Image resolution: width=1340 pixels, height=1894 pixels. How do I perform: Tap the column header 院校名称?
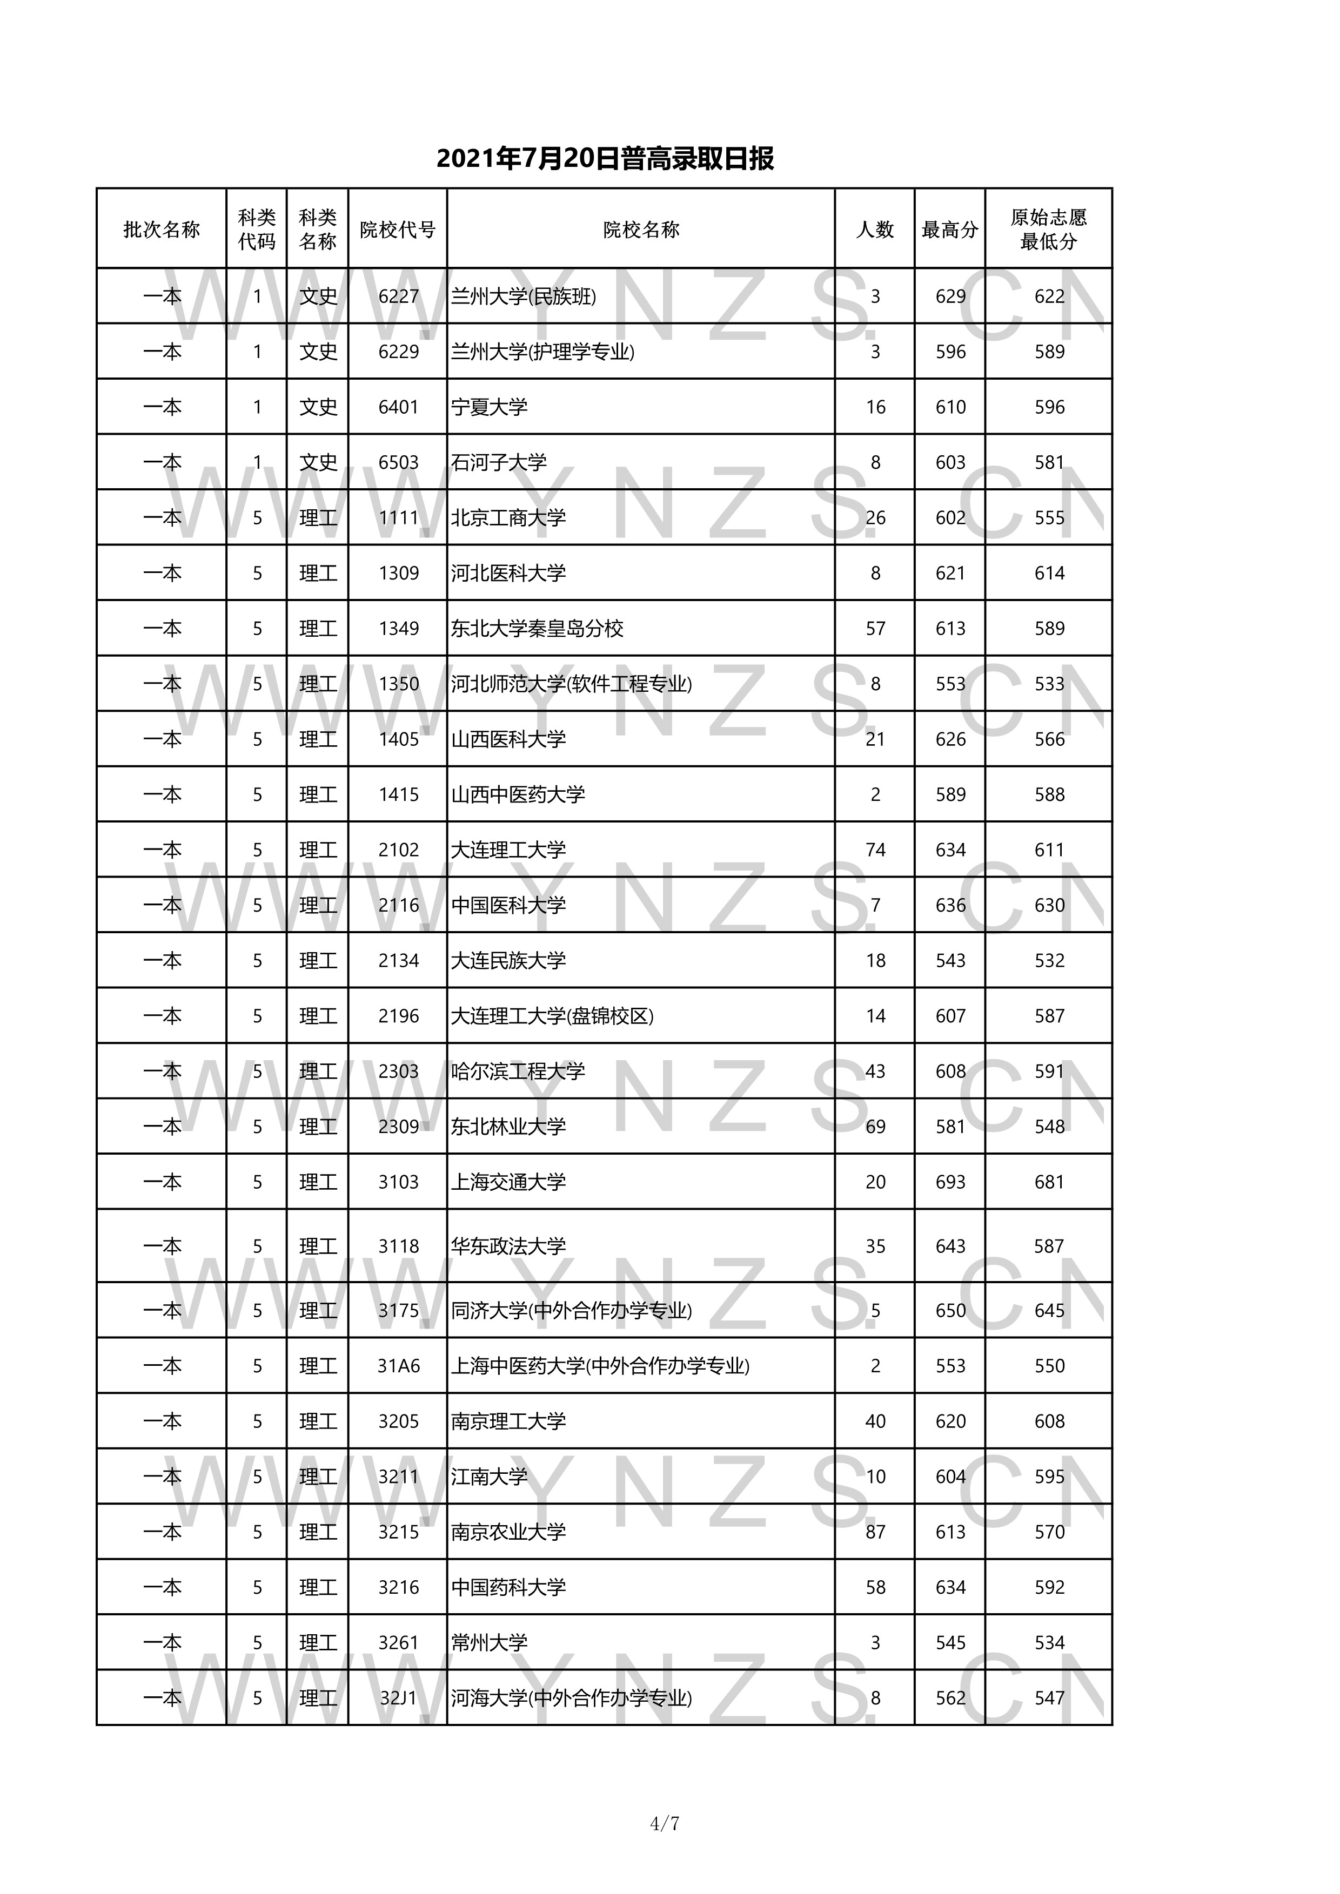tap(641, 230)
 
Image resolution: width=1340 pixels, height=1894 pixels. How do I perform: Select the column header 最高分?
tap(950, 230)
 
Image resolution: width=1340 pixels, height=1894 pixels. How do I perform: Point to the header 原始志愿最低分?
tap(1049, 230)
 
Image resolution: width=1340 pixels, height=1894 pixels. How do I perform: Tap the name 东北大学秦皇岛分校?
tap(537, 629)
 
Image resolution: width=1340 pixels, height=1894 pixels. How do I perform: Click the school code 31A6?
tap(399, 1366)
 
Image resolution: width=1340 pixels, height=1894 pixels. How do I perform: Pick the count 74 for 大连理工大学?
tap(875, 850)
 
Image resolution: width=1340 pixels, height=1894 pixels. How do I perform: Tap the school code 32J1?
tap(399, 1697)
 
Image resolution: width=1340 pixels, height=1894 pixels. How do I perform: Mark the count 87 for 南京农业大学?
tap(875, 1532)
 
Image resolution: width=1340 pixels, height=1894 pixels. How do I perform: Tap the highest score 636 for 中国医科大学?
tap(950, 906)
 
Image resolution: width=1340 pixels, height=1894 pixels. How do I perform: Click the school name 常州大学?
tap(490, 1642)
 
